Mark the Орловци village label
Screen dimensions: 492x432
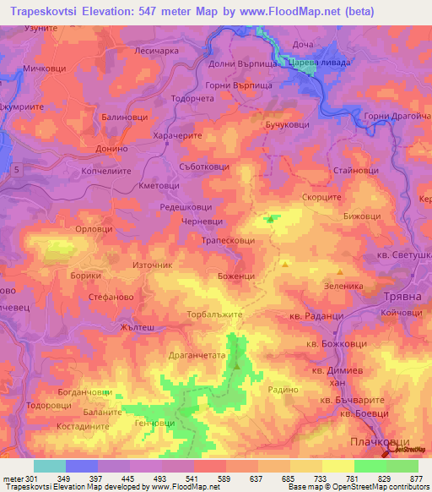coord(94,229)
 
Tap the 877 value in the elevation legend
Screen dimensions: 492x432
coord(416,478)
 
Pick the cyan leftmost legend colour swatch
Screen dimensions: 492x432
coord(50,466)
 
